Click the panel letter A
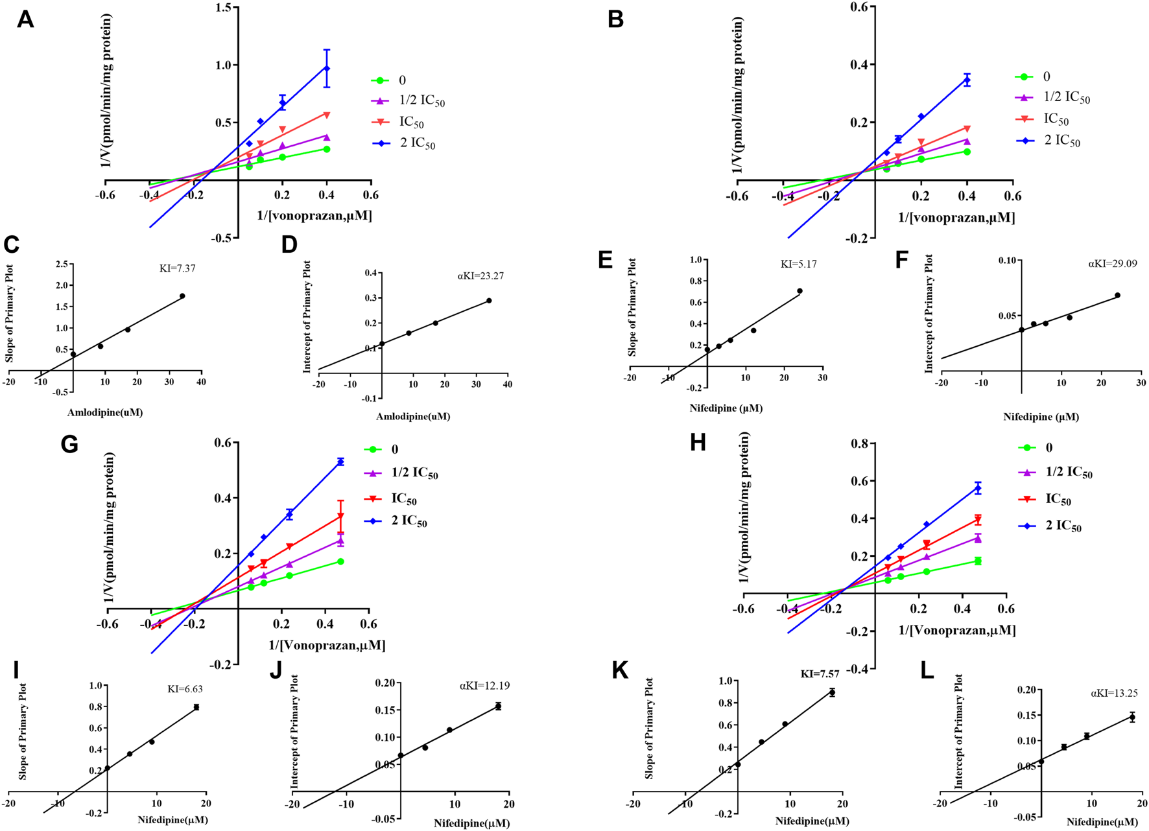[x=25, y=19]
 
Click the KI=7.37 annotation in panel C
[x=177, y=268]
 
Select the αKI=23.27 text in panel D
[x=480, y=275]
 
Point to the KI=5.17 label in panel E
[x=798, y=264]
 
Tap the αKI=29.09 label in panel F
[x=1112, y=264]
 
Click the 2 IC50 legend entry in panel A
[x=417, y=143]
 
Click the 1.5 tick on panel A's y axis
[x=224, y=7]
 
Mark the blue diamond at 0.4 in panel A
[x=327, y=69]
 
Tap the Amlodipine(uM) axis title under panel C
[x=104, y=412]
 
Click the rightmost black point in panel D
[x=489, y=301]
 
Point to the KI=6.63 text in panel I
[x=185, y=689]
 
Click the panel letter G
[x=69, y=445]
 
